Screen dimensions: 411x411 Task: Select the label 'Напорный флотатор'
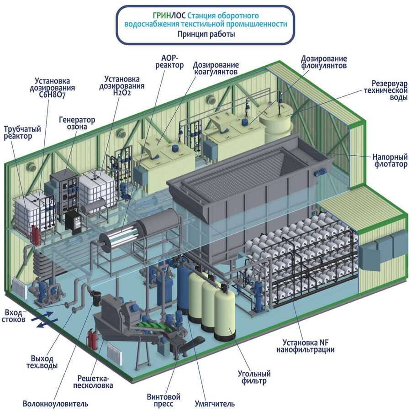tap(389, 160)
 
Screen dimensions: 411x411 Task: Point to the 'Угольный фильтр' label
tap(254, 377)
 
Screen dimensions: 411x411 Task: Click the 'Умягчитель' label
tap(215, 404)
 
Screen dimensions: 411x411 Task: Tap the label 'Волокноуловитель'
tap(55, 404)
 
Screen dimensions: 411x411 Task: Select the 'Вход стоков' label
tap(13, 316)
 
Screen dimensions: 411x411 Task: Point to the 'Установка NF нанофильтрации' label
tap(305, 346)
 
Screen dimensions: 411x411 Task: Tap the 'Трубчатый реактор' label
tap(22, 133)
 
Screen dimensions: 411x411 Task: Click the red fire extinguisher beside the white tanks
tap(36, 233)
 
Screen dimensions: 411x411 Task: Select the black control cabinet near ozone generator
tap(73, 221)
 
